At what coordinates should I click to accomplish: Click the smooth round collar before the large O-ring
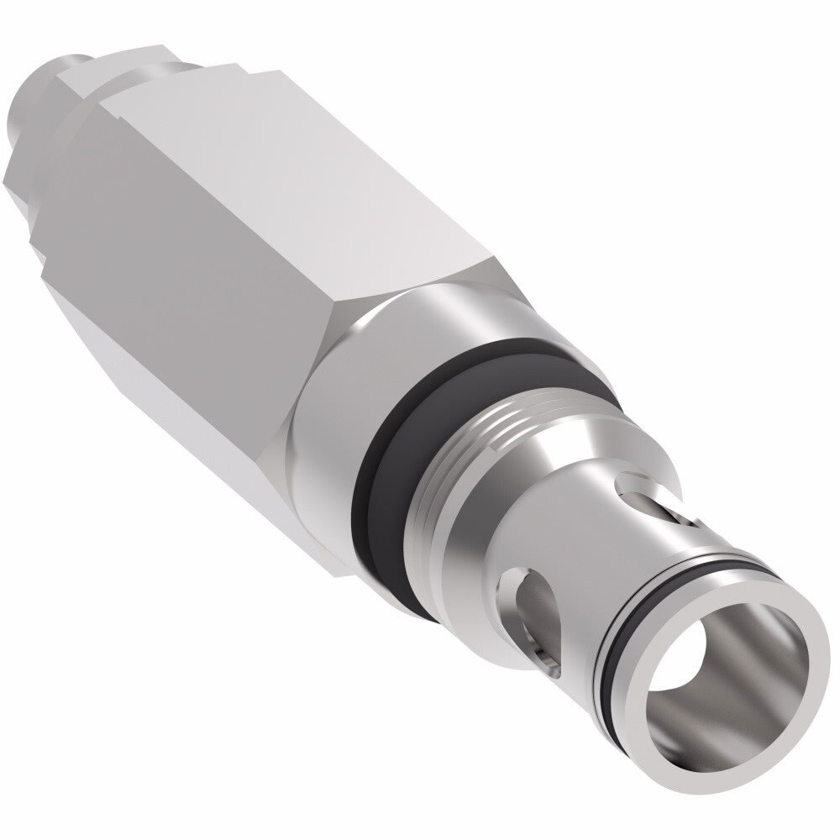tap(336, 420)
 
